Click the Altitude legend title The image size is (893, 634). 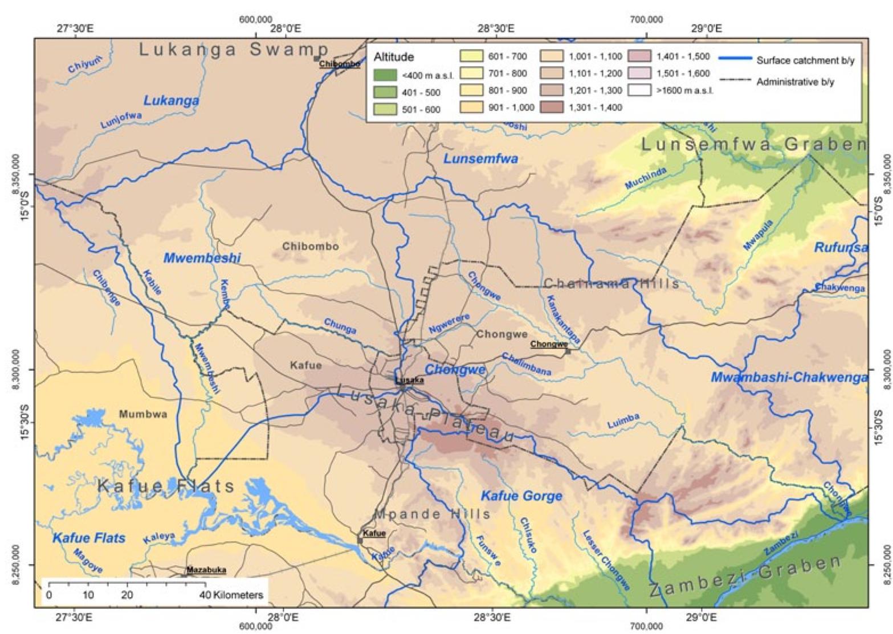coord(393,58)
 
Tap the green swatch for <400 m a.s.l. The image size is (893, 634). coord(385,75)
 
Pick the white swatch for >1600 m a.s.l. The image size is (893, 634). coord(639,90)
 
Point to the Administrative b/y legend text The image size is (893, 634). coord(795,82)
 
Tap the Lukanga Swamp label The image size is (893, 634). coord(234,50)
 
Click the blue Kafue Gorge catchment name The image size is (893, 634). coord(521,496)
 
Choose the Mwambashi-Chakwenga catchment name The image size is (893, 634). coord(789,377)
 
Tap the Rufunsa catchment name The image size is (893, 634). coord(841,248)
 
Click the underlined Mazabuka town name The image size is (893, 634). coord(206,570)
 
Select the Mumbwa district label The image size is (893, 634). coord(143,414)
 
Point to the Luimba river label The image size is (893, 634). coord(623,421)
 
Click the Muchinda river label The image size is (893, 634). coord(645,178)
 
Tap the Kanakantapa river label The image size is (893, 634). coord(562,319)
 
